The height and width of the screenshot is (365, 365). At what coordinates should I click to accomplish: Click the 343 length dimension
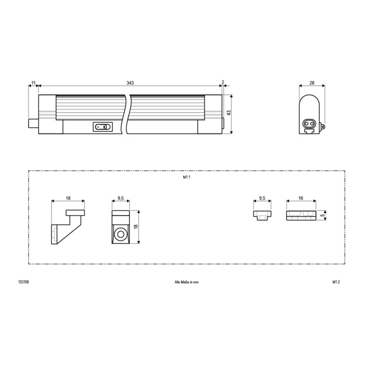coord(130,83)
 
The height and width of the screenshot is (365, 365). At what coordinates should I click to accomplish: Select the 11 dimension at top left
coord(33,83)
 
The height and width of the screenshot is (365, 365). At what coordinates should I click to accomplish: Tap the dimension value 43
coord(229,114)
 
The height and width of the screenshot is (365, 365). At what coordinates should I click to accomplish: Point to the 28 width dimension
coord(311,83)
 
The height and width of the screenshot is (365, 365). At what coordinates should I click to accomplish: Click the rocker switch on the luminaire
coord(101,127)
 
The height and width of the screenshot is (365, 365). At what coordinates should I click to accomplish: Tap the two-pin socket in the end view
coord(309,123)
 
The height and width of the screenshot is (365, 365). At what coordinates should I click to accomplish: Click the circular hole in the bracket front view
coord(121,235)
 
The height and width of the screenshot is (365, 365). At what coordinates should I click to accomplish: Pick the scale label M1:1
coord(186,178)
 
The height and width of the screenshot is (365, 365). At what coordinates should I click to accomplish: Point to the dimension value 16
coord(301,199)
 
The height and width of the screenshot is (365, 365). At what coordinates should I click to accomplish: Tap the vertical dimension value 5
coord(323,215)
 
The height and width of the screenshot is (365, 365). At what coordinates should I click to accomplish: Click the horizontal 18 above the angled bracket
coord(67,199)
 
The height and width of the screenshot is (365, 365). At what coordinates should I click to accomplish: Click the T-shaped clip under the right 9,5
coord(261,215)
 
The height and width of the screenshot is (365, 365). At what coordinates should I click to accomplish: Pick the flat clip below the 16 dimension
coord(301,215)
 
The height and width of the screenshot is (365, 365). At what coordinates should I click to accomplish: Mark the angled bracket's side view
coord(66,226)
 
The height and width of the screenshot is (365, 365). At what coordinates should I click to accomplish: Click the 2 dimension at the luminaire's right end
coord(222,83)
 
